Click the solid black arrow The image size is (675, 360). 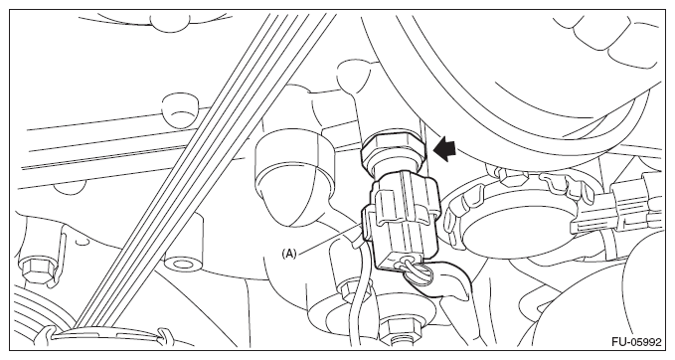[x=445, y=149]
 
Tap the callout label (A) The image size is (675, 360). [x=289, y=254]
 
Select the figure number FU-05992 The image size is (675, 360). [x=636, y=342]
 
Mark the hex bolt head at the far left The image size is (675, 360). [x=34, y=270]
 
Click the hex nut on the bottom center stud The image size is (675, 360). [x=402, y=328]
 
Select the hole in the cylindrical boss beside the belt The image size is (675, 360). [x=183, y=264]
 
